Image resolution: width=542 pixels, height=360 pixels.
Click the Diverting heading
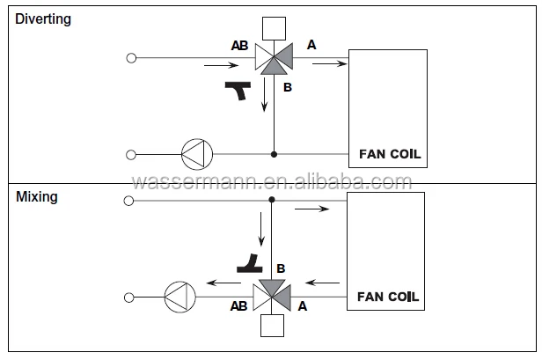click(x=42, y=18)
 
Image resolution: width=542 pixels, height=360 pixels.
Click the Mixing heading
click(x=37, y=197)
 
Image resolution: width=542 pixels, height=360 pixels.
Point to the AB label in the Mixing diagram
click(x=238, y=307)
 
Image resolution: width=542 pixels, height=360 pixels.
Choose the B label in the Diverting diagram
click(x=287, y=87)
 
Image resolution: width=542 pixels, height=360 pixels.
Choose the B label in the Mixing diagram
click(x=282, y=267)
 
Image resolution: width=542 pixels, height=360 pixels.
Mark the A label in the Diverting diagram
click(x=311, y=43)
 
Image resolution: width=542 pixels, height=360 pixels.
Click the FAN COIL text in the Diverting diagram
click(x=390, y=154)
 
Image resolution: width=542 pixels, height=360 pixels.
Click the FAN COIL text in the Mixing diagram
click(x=388, y=297)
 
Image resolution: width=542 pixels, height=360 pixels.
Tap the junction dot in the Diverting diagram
click(x=274, y=154)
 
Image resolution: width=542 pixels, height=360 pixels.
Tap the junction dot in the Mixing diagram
click(x=271, y=201)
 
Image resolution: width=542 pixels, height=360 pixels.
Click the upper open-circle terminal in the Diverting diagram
click(x=131, y=58)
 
